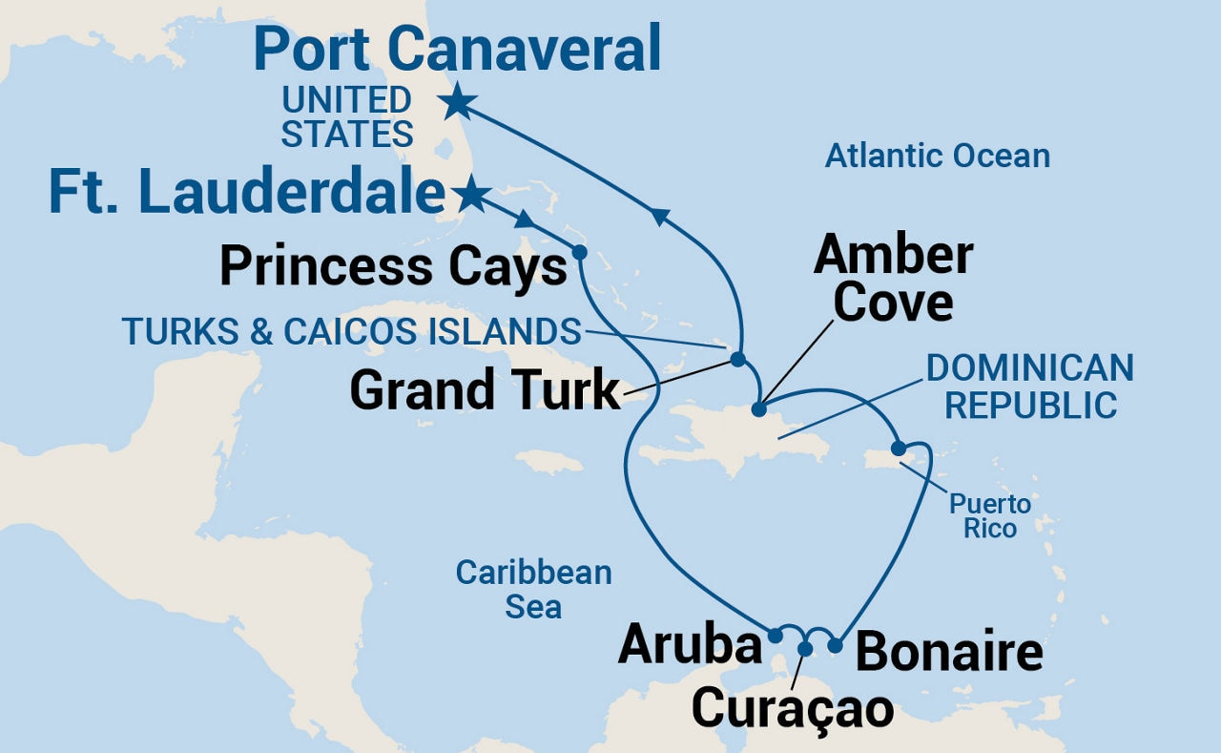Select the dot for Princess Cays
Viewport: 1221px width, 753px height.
(x=578, y=253)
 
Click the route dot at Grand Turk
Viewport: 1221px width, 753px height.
(x=737, y=360)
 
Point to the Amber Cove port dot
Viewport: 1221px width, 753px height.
(x=758, y=409)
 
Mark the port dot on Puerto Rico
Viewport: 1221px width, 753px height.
(x=898, y=449)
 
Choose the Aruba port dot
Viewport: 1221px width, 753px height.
(x=776, y=635)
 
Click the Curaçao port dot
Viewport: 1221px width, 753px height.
(x=805, y=649)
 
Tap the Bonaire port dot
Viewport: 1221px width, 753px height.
(x=836, y=645)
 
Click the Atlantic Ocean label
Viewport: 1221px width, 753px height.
(x=937, y=156)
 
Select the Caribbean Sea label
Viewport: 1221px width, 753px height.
(x=533, y=589)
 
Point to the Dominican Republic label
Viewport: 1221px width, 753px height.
(x=1029, y=387)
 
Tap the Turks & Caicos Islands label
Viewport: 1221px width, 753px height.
(x=351, y=332)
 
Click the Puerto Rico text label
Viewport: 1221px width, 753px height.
(x=989, y=515)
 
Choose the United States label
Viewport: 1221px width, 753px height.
(x=346, y=116)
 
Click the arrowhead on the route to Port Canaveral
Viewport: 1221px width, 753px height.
(x=659, y=219)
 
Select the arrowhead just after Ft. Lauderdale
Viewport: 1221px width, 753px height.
(x=524, y=221)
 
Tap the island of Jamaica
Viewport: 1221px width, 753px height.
(x=548, y=463)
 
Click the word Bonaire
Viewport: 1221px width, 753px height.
(x=948, y=653)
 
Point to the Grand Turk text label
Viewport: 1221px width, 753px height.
(x=485, y=390)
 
